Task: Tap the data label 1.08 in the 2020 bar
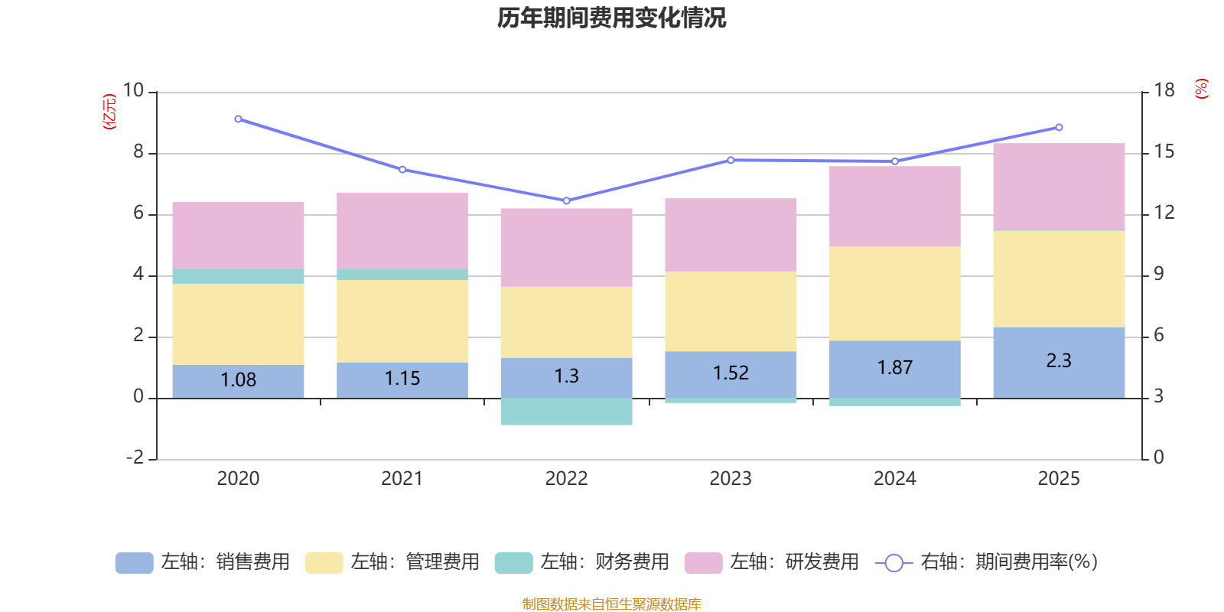pos(238,379)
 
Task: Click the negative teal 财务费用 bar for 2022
pos(566,412)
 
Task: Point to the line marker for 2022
pos(566,200)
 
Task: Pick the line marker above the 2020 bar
pos(238,119)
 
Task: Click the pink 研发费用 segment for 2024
pos(894,207)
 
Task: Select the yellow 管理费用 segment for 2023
pos(731,311)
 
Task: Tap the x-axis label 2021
pos(402,479)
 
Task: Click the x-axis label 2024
pos(894,479)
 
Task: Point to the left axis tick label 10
pos(133,91)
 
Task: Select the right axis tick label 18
pos(1164,91)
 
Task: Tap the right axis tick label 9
pos(1158,274)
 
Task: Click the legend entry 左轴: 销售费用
pos(203,562)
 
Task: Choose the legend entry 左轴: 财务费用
pos(582,562)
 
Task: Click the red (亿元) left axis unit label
pos(110,112)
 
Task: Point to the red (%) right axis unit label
pos(1202,89)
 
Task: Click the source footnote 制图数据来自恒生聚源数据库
pos(611,604)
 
